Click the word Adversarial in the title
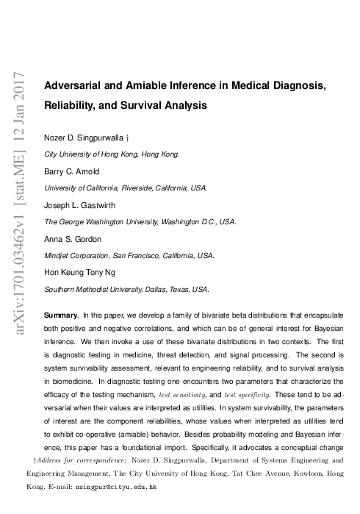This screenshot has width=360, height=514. coord(72,85)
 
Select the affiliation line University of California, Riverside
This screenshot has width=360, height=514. coord(126,188)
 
